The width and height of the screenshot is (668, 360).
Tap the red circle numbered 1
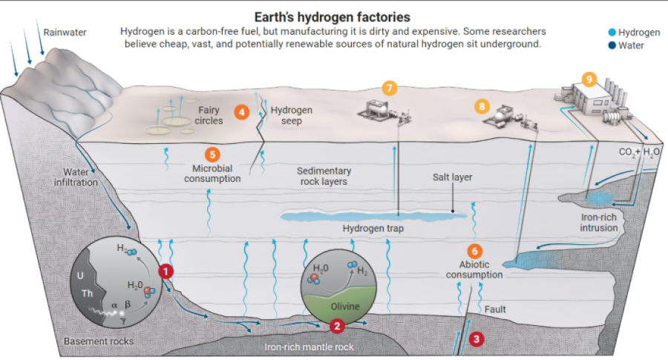click(166, 272)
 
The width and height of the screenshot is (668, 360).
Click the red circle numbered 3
click(477, 339)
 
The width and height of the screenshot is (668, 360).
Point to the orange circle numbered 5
click(213, 154)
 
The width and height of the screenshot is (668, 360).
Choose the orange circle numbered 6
click(475, 251)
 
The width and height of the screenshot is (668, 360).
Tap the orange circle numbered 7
click(390, 88)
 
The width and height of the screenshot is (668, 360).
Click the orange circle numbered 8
click(482, 107)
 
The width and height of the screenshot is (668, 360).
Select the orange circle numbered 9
click(589, 79)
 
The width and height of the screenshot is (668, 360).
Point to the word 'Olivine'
click(344, 307)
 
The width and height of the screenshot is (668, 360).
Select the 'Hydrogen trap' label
click(373, 229)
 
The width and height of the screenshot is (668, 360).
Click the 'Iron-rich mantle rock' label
click(310, 347)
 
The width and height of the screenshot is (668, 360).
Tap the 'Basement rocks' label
click(99, 341)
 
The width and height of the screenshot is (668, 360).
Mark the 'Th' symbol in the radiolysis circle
click(88, 293)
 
